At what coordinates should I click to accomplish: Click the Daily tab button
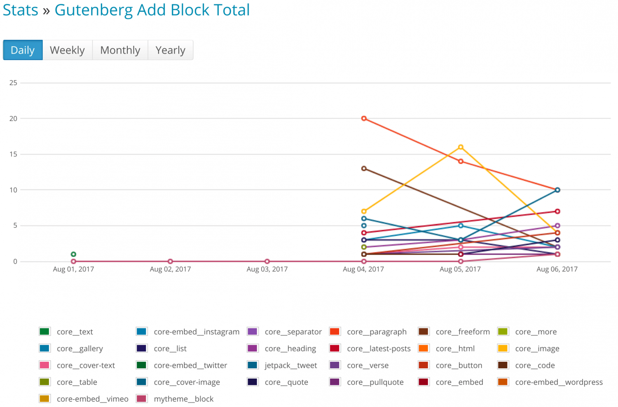[x=23, y=50]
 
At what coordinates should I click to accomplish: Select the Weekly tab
[x=67, y=50]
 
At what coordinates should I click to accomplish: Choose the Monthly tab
[x=120, y=50]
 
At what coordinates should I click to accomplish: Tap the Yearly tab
[x=170, y=50]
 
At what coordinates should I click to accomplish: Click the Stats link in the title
[x=20, y=10]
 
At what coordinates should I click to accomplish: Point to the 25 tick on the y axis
[x=14, y=83]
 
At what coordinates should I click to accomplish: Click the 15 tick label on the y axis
[x=14, y=154]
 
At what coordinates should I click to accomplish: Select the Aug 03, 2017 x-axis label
[x=267, y=269]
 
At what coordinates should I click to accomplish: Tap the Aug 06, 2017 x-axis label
[x=557, y=269]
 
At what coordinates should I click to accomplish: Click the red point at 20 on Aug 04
[x=364, y=119]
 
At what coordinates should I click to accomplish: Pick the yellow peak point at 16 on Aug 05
[x=461, y=147]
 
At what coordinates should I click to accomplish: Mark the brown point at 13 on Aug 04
[x=364, y=168]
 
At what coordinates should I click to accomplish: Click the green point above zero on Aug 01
[x=73, y=254]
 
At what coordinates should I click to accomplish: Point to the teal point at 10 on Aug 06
[x=557, y=190]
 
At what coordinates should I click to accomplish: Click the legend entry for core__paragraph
[x=377, y=332]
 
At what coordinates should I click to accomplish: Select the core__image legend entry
[x=537, y=349]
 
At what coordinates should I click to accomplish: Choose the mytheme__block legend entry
[x=183, y=399]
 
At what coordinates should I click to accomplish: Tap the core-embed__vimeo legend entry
[x=92, y=399]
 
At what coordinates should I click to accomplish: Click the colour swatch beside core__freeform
[x=424, y=332]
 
